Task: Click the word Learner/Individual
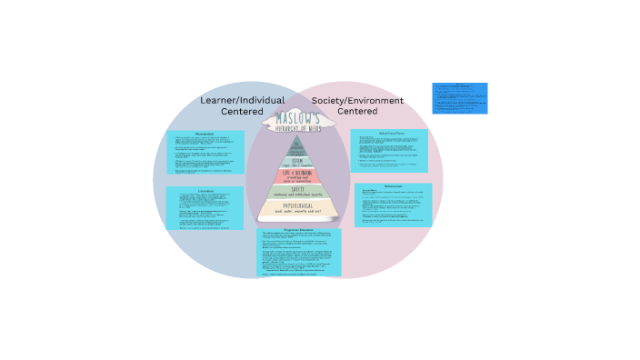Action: [x=242, y=100]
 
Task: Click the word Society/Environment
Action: [x=357, y=100]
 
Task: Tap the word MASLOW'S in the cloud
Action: [x=298, y=118]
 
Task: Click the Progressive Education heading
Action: [x=298, y=232]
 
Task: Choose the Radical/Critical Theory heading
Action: [x=388, y=132]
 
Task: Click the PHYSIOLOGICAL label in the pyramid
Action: [x=298, y=205]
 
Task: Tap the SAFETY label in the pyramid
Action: [x=298, y=187]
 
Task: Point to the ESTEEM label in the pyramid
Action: [x=298, y=156]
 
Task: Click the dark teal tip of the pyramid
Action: [x=298, y=143]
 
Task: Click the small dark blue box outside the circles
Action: [x=459, y=97]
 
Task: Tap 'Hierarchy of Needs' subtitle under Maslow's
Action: [x=298, y=128]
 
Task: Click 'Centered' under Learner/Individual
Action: [x=242, y=112]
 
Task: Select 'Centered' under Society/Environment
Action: [x=357, y=112]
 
